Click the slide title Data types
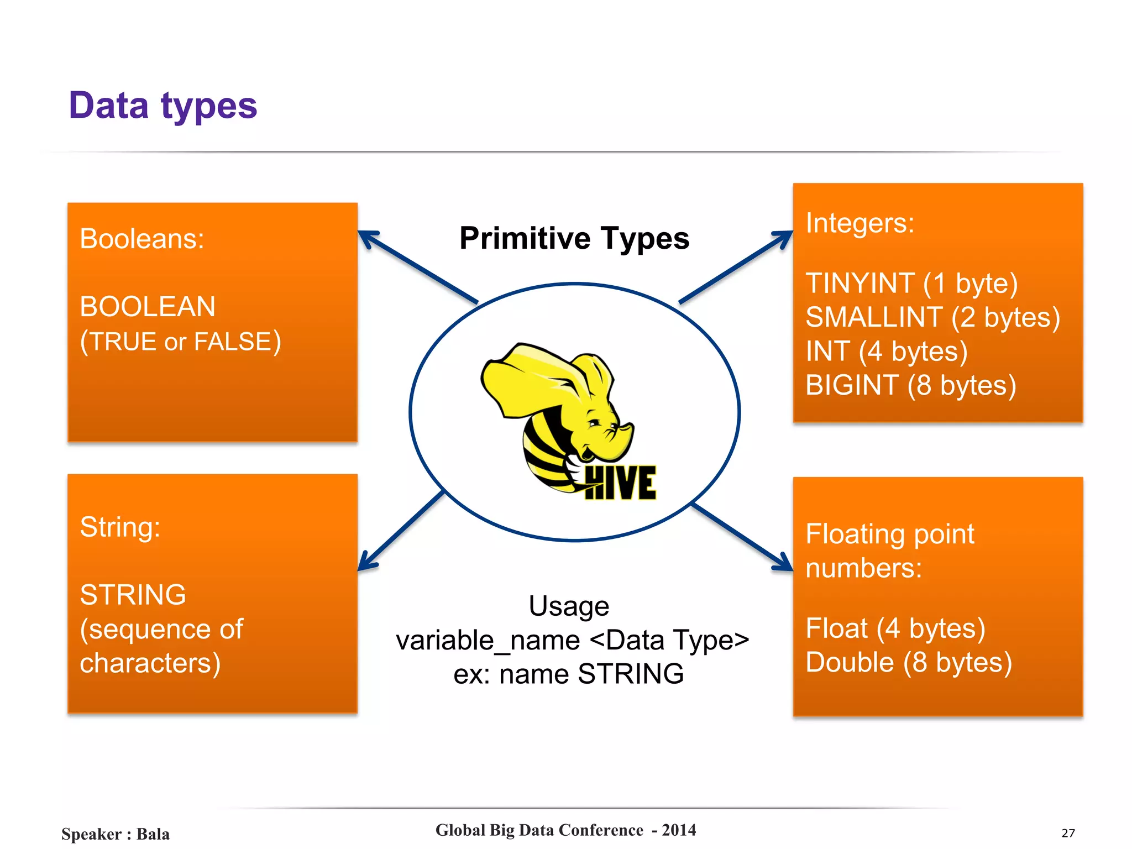tap(163, 106)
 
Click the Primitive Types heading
tap(574, 238)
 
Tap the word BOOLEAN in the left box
tap(148, 306)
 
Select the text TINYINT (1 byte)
tap(911, 283)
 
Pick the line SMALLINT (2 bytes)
tap(932, 317)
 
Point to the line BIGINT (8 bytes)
tap(910, 385)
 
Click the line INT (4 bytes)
tap(886, 352)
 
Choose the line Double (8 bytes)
tap(908, 662)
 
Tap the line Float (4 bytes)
tap(895, 628)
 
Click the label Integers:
tap(860, 223)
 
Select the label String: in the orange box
tap(120, 527)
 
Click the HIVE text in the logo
tap(620, 483)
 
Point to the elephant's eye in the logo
tap(594, 423)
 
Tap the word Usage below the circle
tap(569, 606)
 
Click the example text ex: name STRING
tap(568, 674)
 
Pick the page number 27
tap(1068, 833)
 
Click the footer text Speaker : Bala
tap(116, 834)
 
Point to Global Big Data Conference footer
tap(565, 830)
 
